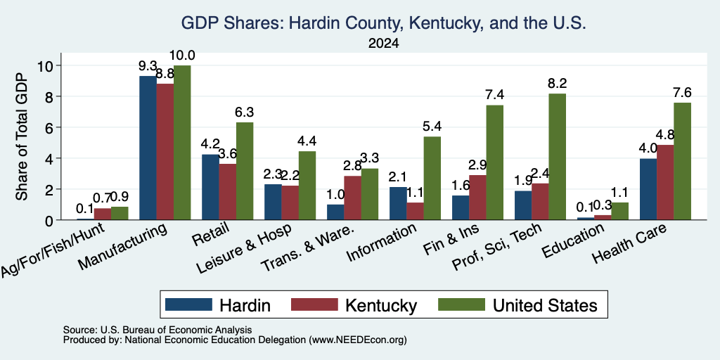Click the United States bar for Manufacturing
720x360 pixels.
point(182,142)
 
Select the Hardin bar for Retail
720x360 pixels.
point(210,187)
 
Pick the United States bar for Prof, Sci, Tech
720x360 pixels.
point(558,157)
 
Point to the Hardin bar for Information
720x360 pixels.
point(398,203)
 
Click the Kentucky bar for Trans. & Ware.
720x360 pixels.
point(352,198)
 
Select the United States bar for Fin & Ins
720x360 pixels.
point(495,162)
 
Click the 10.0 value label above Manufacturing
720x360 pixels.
point(182,56)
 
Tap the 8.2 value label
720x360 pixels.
point(558,84)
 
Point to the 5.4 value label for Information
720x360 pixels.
point(432,127)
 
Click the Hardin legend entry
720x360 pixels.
point(218,305)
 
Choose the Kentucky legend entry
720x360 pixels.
point(354,305)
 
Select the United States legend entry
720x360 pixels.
point(518,305)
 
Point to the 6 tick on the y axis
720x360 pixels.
point(50,127)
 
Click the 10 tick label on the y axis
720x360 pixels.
point(46,65)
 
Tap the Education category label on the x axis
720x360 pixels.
point(572,241)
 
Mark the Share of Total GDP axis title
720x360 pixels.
point(22,136)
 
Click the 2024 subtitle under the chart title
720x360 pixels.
point(383,44)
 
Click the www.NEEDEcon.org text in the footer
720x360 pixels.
point(358,340)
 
